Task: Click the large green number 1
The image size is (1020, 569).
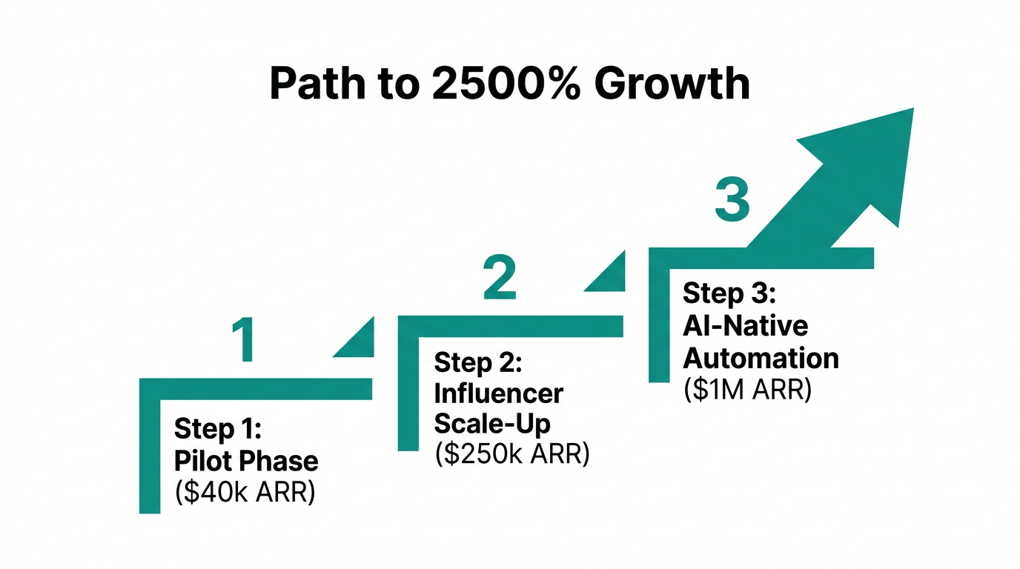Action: pos(242,341)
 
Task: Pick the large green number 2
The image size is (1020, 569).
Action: pos(498,278)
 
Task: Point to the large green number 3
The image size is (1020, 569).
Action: pos(732,200)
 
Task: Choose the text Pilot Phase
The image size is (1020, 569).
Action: pos(246,461)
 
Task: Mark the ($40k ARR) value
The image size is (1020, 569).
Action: pos(245,492)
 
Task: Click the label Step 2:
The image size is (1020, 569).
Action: pos(478,362)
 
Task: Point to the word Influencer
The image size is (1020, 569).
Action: pos(498,393)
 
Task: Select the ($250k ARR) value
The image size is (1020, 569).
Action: pos(511,454)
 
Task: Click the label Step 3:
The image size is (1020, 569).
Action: pos(729,293)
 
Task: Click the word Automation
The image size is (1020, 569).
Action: pos(761,358)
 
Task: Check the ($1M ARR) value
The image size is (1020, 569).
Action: pos(747,389)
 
